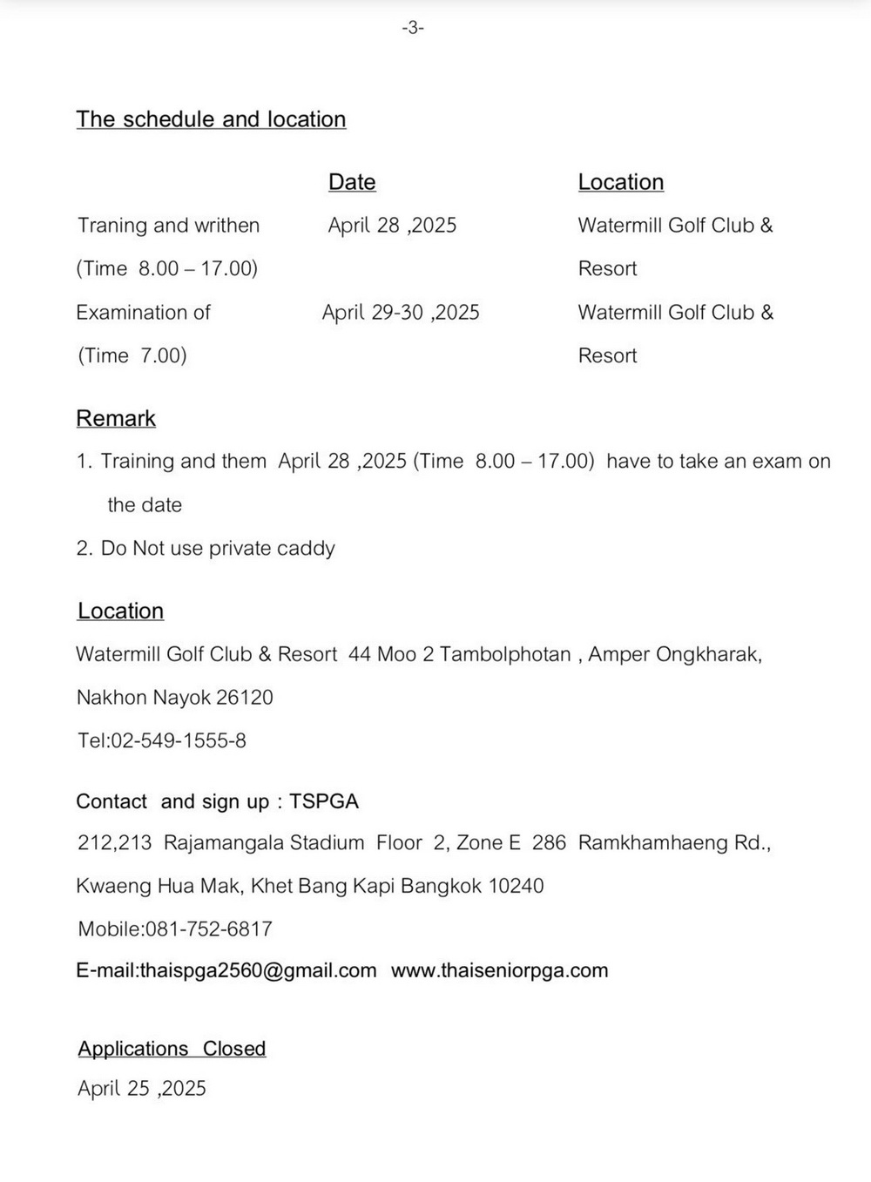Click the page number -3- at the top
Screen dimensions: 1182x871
point(413,29)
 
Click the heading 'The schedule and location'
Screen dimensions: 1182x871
point(211,119)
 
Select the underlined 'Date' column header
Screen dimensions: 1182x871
point(352,182)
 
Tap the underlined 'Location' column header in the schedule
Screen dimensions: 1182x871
point(620,182)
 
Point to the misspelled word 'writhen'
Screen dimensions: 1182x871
point(232,226)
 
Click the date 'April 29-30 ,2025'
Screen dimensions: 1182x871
point(401,313)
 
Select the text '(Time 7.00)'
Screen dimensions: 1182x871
point(132,355)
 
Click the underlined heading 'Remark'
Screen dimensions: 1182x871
point(116,419)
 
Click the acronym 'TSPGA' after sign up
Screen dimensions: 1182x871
point(324,801)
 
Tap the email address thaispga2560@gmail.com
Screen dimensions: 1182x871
point(258,971)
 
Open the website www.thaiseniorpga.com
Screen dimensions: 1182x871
point(499,971)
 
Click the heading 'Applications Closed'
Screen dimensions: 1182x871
point(172,1049)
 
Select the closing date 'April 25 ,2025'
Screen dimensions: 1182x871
point(142,1089)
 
